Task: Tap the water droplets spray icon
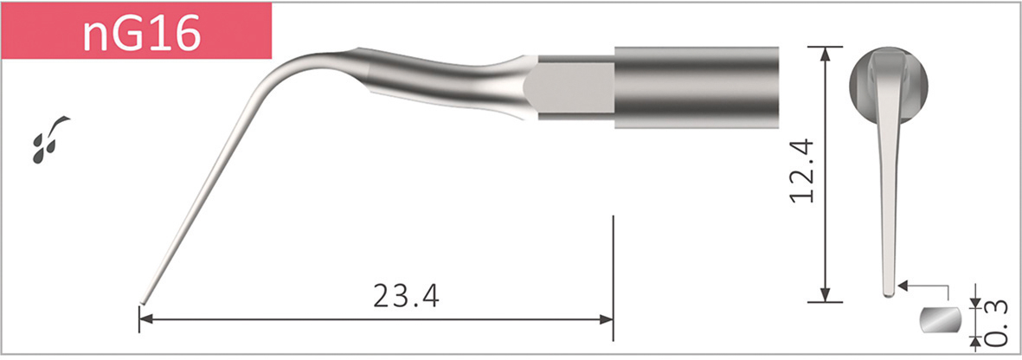tap(50, 139)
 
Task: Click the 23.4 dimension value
tap(406, 295)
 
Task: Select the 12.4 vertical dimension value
tap(802, 170)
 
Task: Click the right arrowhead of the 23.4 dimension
tap(606, 319)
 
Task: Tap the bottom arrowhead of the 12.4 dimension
tap(826, 295)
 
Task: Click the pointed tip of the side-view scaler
tap(142, 303)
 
